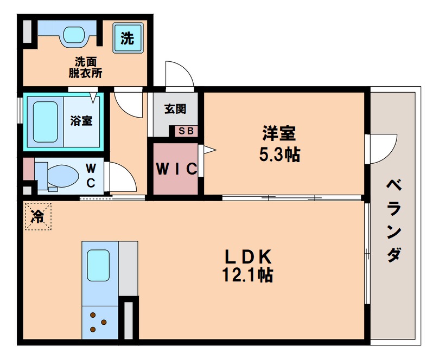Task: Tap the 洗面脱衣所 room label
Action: (x=85, y=67)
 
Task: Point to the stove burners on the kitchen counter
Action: (x=98, y=322)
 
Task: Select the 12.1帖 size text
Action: (x=247, y=275)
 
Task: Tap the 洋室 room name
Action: (x=279, y=133)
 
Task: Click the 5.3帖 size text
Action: (x=279, y=155)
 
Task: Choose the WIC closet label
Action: (x=176, y=169)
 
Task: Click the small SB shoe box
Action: (x=186, y=131)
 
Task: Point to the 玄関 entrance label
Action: (x=175, y=109)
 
